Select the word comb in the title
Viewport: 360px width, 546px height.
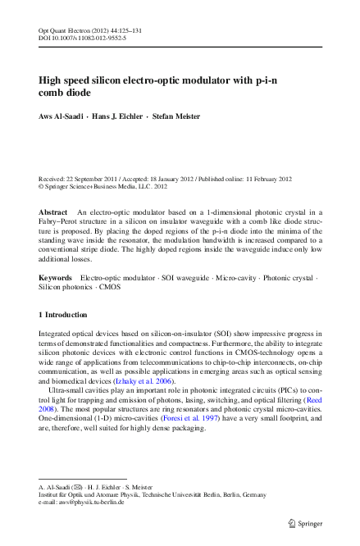tap(55, 94)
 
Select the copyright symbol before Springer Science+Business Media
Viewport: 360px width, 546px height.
tap(42, 186)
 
